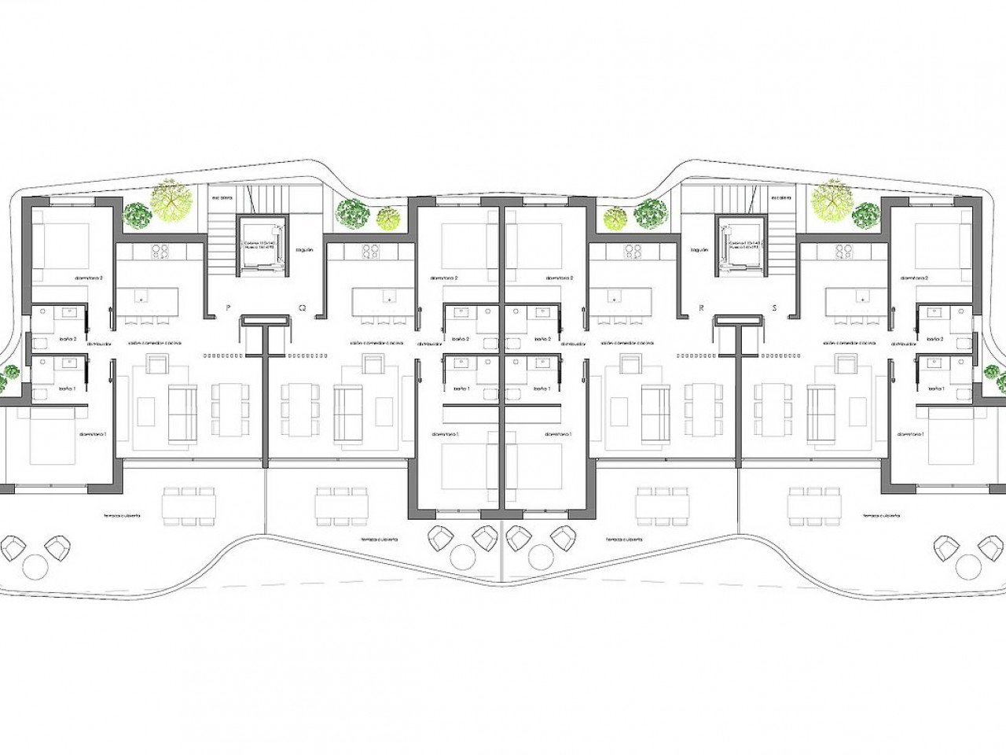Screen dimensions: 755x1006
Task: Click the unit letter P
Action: [x=228, y=308]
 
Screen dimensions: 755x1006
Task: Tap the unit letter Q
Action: [x=302, y=308]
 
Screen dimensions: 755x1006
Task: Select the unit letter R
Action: [x=701, y=308]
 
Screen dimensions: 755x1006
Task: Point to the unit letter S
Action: [x=774, y=308]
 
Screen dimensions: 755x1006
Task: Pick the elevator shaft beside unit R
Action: [x=741, y=245]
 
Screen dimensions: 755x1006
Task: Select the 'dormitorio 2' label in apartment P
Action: [x=90, y=278]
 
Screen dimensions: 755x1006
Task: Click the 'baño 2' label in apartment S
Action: [x=934, y=339]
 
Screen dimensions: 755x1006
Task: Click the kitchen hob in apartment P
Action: [x=160, y=251]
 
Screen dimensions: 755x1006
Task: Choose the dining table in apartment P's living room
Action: [x=229, y=410]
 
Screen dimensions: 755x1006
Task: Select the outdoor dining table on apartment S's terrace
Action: [x=814, y=504]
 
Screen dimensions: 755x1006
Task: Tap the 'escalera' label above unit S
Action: [x=780, y=198]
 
